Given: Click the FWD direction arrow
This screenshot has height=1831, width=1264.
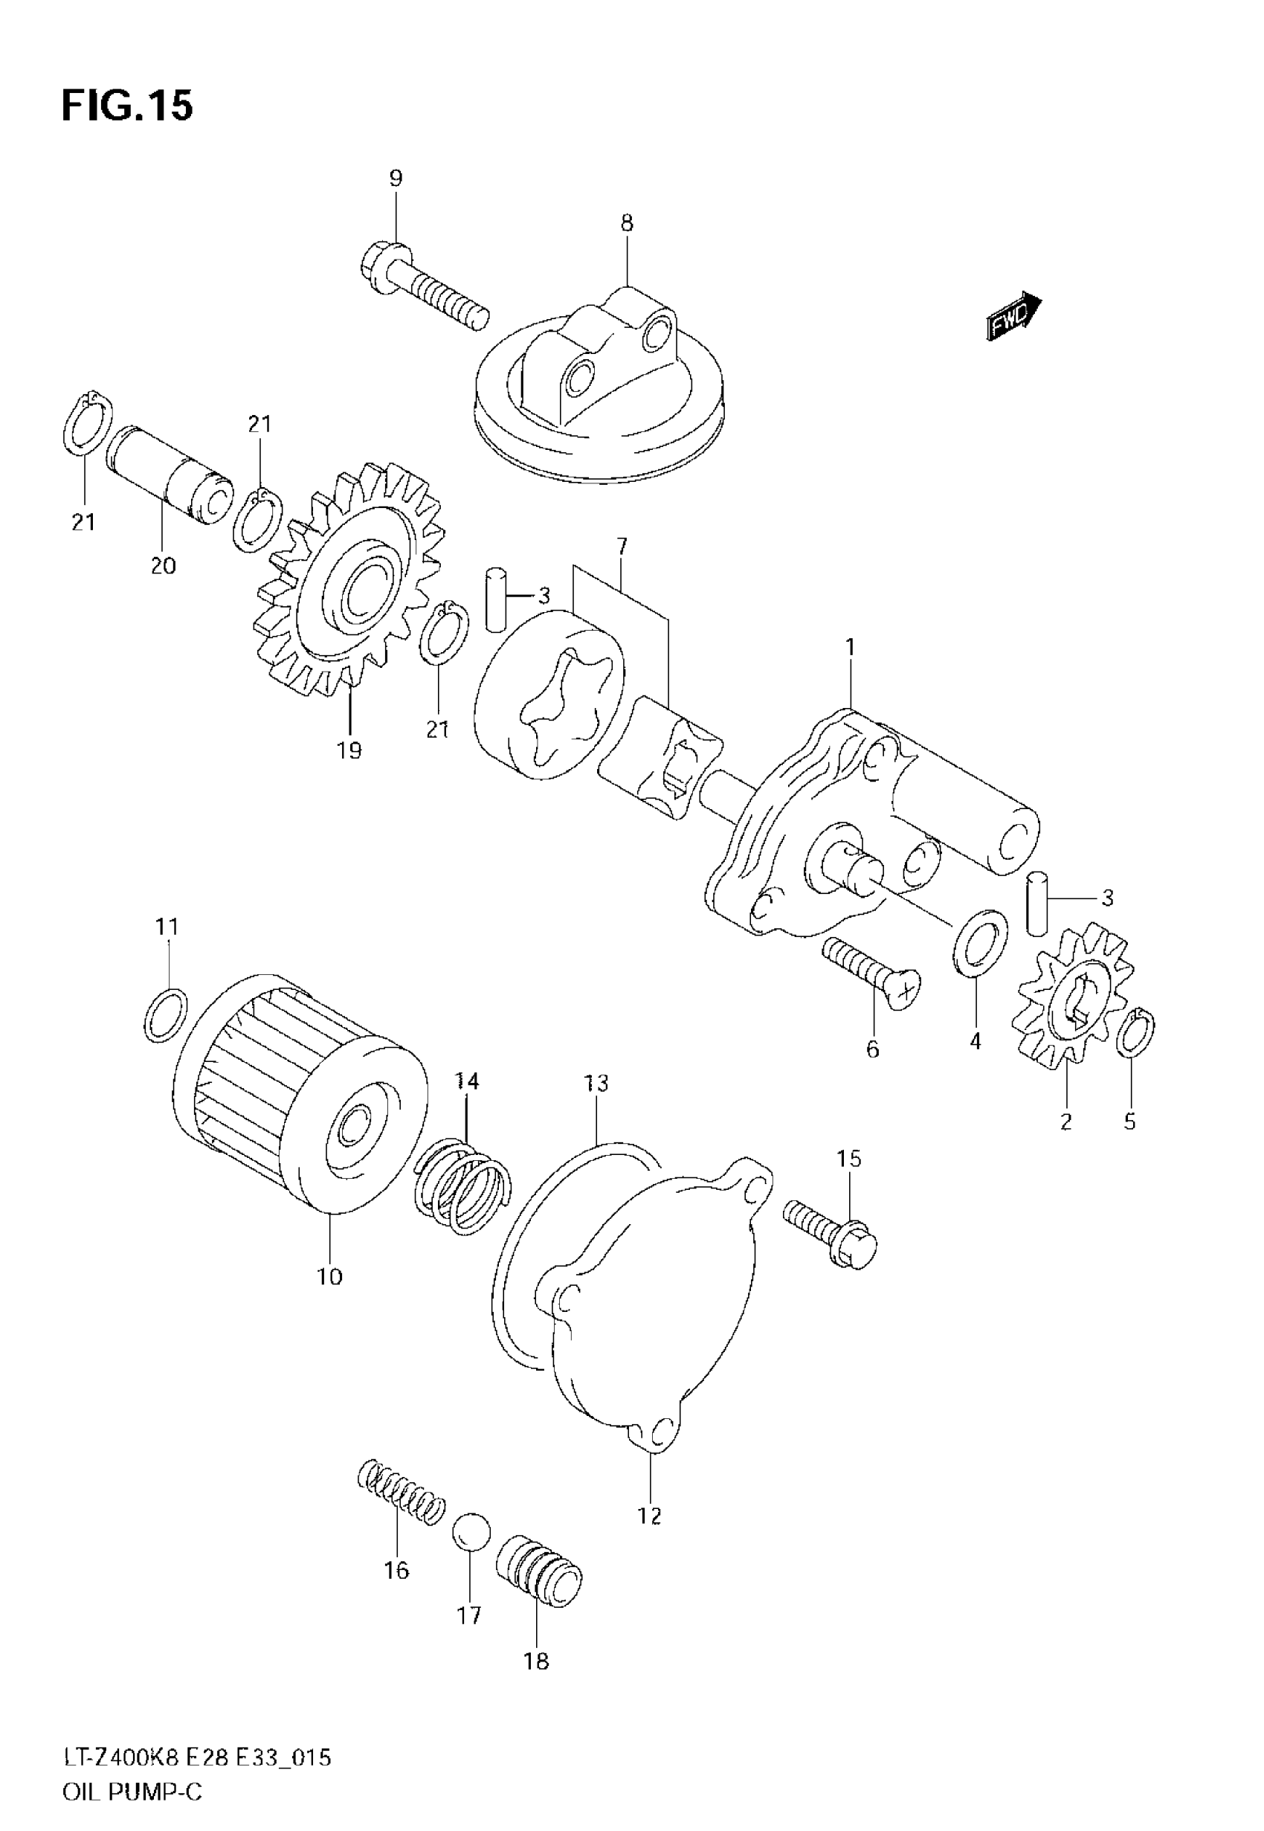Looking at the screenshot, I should (1013, 315).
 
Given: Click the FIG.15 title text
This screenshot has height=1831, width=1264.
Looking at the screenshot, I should (126, 106).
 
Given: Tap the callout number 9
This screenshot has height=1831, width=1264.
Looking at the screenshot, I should (396, 178).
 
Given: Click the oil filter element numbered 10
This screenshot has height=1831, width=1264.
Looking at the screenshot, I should (301, 1102).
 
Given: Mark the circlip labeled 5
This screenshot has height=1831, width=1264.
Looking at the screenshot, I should (1135, 1034).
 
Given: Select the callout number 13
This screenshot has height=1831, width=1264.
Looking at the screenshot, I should (596, 1083).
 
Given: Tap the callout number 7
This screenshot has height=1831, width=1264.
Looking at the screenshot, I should (622, 547).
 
